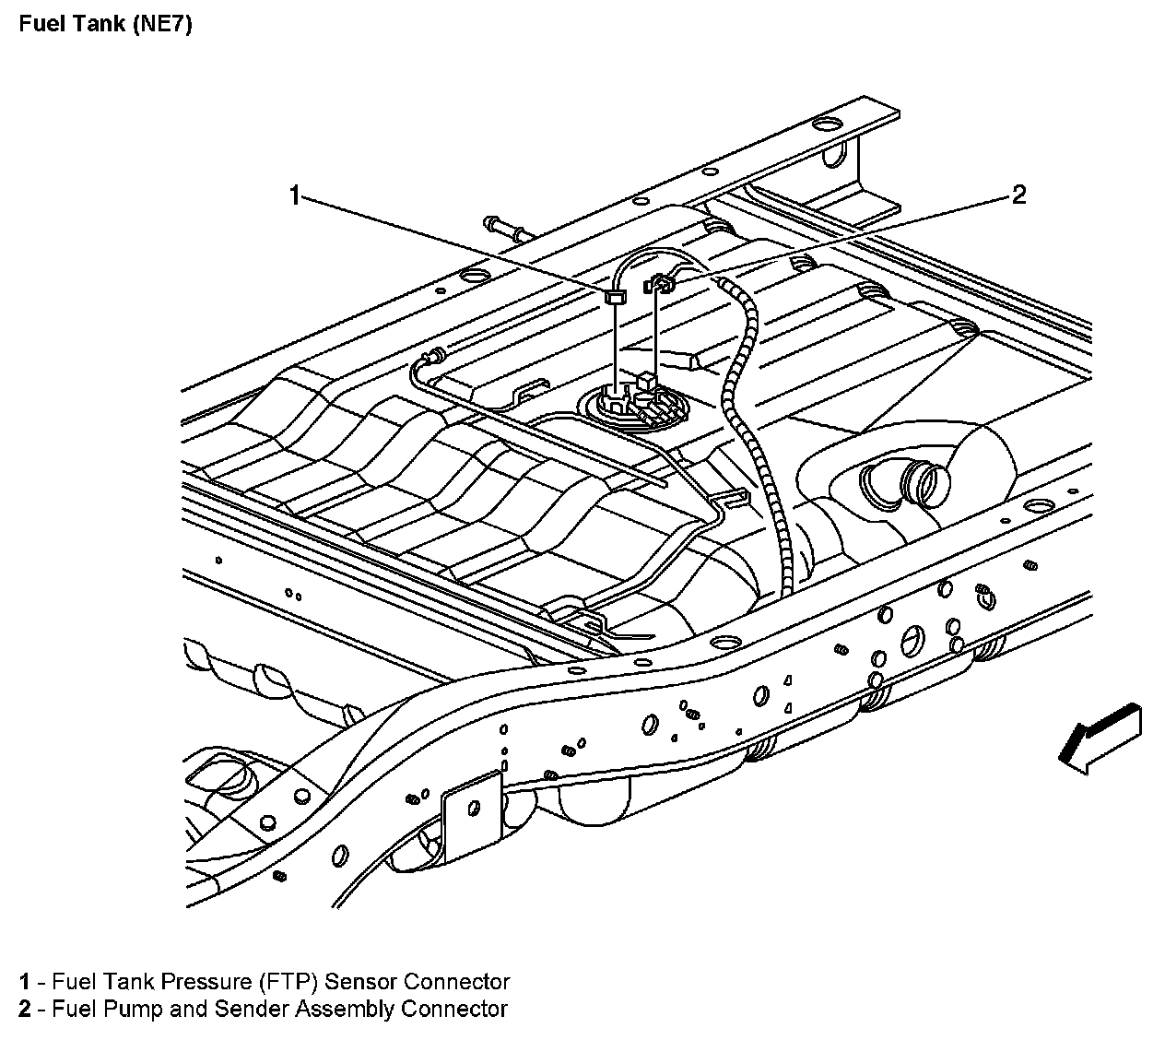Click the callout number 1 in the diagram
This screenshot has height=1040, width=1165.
tap(294, 195)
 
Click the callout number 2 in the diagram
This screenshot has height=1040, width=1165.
tap(1018, 195)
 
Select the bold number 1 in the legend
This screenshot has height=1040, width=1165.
tap(25, 982)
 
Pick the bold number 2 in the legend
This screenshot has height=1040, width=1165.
tap(25, 1009)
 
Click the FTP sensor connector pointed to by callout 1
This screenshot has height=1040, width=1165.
tap(615, 297)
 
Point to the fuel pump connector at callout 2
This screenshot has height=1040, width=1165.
tap(660, 283)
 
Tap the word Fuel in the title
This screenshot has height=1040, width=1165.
tap(41, 25)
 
